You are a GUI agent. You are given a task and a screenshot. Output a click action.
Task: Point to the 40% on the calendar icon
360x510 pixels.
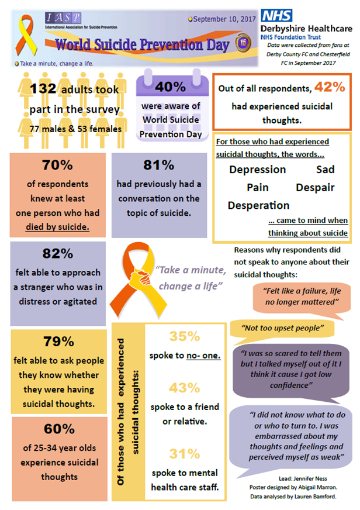click(x=171, y=87)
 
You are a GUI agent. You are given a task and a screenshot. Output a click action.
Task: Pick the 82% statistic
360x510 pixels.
click(x=58, y=254)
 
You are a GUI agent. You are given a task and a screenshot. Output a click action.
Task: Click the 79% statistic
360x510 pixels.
click(x=58, y=342)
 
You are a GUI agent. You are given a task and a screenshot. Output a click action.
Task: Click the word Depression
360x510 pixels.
click(x=258, y=170)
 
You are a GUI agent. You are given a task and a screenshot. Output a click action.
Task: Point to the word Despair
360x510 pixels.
click(x=315, y=188)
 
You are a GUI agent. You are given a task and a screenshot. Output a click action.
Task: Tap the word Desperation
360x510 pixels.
click(x=258, y=206)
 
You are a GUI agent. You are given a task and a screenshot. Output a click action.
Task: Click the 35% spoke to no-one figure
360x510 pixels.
click(x=185, y=337)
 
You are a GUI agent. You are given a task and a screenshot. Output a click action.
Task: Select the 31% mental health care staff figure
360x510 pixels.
click(x=185, y=453)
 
